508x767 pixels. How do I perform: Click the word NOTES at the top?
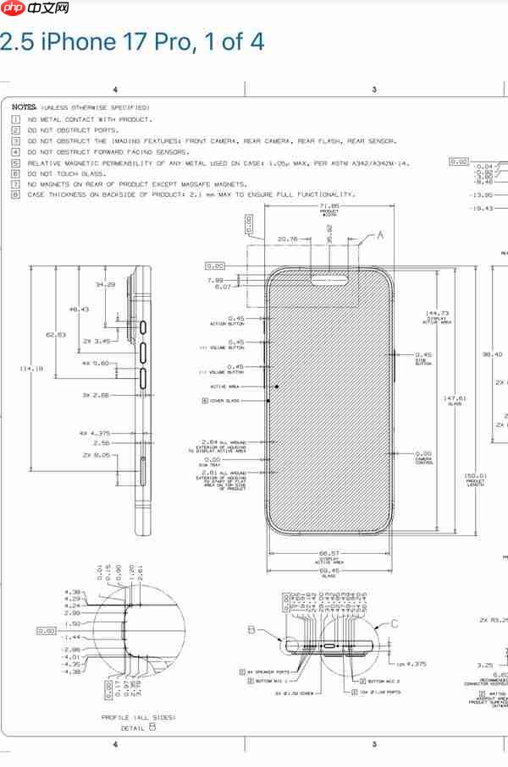pyautogui.click(x=24, y=108)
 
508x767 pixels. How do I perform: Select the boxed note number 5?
pyautogui.click(x=15, y=162)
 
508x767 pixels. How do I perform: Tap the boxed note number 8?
pyautogui.click(x=15, y=194)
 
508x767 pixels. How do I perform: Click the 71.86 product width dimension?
pyautogui.click(x=329, y=205)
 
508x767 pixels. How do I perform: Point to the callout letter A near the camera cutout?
pyautogui.click(x=379, y=234)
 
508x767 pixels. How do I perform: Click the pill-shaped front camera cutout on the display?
pyautogui.click(x=329, y=276)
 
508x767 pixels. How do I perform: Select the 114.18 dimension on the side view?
pyautogui.click(x=30, y=368)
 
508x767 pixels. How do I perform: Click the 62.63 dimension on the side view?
pyautogui.click(x=55, y=335)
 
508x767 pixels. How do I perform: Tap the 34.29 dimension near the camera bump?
pyautogui.click(x=105, y=285)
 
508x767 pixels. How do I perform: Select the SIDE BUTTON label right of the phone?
pyautogui.click(x=423, y=362)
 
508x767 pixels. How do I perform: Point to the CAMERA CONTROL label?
pyautogui.click(x=424, y=461)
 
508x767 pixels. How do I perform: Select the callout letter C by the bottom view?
pyautogui.click(x=395, y=624)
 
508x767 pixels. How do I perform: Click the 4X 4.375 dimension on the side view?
pyautogui.click(x=95, y=432)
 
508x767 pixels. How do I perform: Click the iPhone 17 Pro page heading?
pyautogui.click(x=131, y=41)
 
